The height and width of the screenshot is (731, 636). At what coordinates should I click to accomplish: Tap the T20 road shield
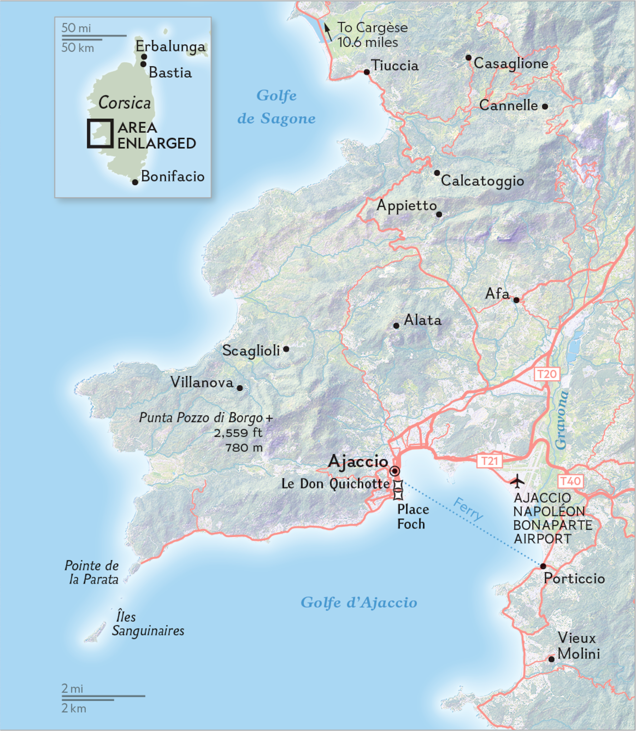[547, 374]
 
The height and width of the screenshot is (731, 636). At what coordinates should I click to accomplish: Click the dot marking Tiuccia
[367, 72]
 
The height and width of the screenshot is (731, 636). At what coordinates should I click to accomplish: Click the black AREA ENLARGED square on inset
[100, 133]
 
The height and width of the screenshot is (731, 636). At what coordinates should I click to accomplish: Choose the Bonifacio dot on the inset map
[135, 182]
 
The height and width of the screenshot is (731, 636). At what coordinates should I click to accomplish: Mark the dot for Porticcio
[543, 566]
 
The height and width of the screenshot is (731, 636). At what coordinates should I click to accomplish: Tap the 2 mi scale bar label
[72, 688]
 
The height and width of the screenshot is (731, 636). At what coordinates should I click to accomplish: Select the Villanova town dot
[240, 388]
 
